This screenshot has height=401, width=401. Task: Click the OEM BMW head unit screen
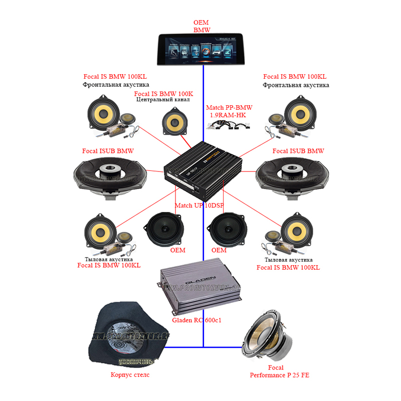coord(200,49)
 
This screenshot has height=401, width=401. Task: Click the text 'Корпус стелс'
coord(130,374)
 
